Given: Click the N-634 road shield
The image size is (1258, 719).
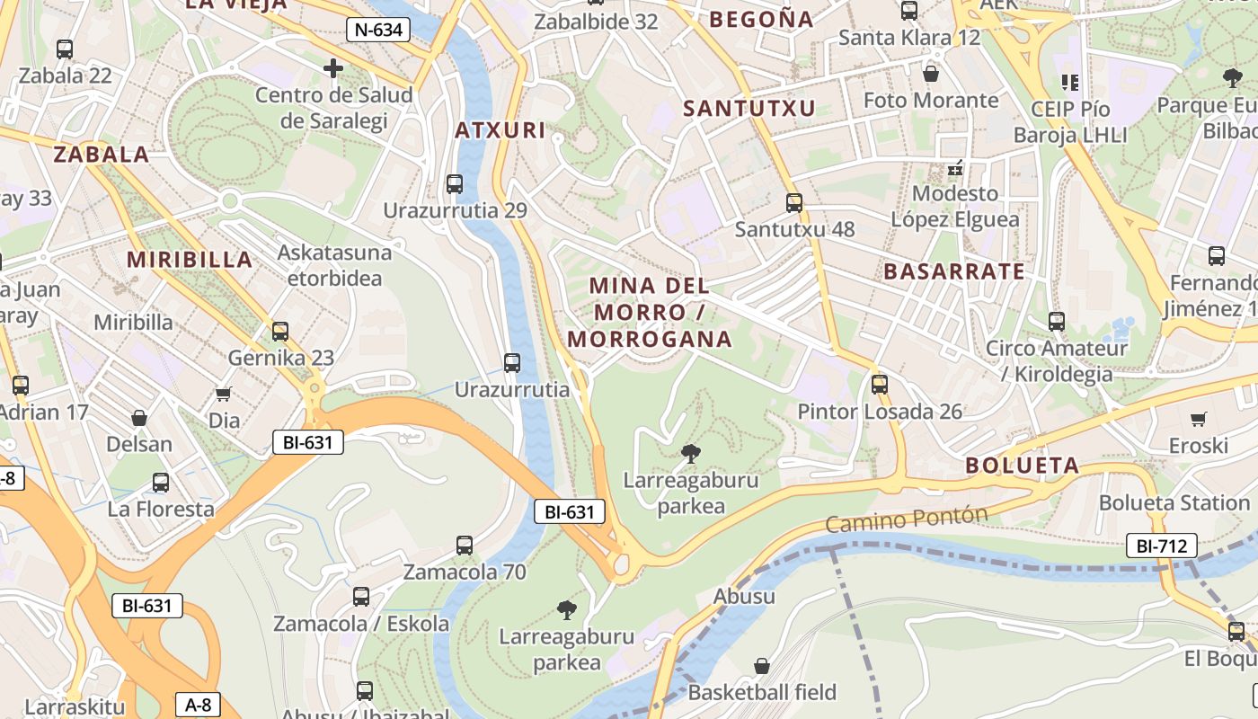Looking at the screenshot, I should [378, 30].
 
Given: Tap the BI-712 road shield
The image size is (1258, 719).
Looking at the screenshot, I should [1162, 545].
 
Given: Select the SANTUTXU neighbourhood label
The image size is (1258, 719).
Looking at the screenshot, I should [749, 109].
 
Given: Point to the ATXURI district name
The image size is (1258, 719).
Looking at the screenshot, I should [501, 130].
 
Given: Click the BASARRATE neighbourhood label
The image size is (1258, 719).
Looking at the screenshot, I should [954, 271].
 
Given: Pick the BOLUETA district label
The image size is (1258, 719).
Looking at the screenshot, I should [1023, 466].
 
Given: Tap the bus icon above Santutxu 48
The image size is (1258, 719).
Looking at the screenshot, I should [794, 203].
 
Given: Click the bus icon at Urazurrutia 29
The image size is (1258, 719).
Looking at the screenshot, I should [455, 184].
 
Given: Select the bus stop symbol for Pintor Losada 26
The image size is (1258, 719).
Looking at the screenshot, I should [880, 385].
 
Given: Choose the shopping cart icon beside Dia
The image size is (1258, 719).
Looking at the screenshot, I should [224, 394].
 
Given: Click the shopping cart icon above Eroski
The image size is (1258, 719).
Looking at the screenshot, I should [1198, 419].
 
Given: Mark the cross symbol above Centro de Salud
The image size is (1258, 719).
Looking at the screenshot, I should [333, 68].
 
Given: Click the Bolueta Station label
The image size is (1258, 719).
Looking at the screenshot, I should [1174, 502].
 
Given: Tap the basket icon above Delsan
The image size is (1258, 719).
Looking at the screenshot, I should [139, 418].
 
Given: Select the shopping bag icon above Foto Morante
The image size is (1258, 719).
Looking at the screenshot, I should [931, 73].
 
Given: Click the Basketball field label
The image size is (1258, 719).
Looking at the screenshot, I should [762, 692].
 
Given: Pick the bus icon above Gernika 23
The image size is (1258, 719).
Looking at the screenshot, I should [280, 331].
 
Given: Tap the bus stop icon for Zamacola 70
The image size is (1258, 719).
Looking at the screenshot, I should [465, 545].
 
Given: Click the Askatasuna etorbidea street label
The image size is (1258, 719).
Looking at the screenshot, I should [334, 265].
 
